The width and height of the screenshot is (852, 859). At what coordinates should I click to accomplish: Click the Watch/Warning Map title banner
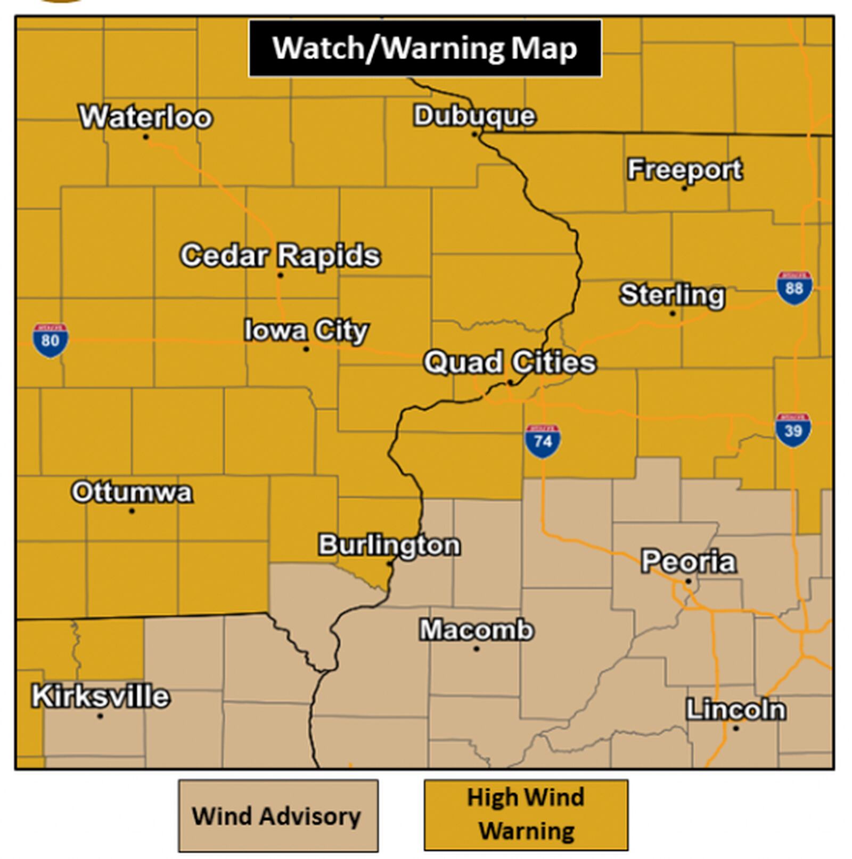425,48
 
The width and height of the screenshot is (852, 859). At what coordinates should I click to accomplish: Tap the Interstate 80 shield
50,340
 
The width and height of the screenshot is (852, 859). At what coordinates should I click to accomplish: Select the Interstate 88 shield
794,288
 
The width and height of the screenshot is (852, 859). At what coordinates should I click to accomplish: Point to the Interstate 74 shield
542,441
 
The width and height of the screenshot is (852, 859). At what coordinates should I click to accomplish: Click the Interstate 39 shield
793,429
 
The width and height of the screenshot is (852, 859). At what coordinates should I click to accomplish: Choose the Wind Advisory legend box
278,815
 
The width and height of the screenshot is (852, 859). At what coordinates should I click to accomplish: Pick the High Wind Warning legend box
526,814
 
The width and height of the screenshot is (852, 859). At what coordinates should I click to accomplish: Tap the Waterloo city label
145,117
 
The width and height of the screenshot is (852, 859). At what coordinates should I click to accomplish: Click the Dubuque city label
474,116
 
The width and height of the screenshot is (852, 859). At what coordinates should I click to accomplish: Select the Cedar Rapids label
280,255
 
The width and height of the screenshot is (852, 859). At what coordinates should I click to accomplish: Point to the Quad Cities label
510,362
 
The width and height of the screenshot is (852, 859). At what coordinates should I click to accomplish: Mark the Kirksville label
101,696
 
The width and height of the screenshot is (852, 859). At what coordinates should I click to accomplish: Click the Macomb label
477,630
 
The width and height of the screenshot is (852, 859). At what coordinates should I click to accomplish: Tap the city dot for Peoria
688,581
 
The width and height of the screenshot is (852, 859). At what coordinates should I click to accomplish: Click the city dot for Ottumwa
132,511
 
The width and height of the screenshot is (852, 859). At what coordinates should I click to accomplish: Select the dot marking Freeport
684,188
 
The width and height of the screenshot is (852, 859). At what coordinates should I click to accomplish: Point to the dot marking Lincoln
736,728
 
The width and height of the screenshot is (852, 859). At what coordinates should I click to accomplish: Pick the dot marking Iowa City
306,349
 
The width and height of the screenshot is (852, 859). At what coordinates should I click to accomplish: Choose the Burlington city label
389,545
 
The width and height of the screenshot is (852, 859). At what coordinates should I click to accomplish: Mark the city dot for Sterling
673,313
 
